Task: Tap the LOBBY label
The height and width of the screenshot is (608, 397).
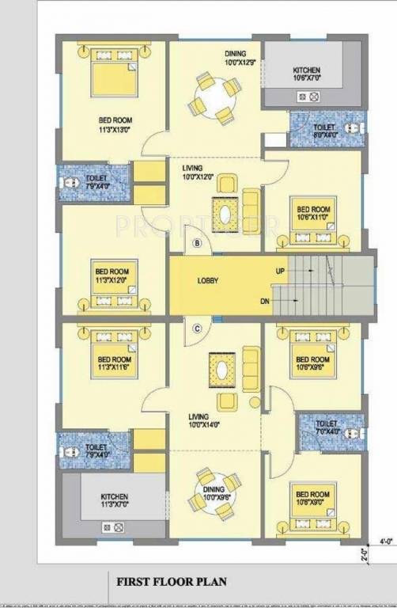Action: tap(208, 281)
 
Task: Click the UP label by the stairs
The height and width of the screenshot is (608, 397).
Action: tap(280, 271)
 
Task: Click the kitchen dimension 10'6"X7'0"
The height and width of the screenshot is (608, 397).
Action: tap(305, 78)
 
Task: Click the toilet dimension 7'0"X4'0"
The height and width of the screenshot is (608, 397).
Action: tap(327, 431)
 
